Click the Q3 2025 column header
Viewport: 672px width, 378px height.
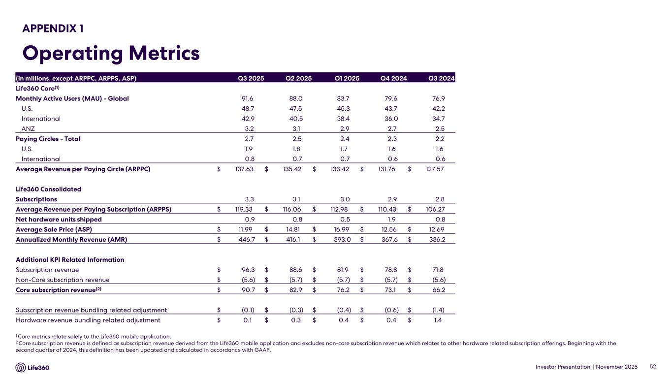pyautogui.click(x=251, y=78)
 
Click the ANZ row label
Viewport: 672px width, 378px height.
pyautogui.click(x=29, y=128)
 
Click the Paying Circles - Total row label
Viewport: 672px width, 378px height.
pyautogui.click(x=48, y=139)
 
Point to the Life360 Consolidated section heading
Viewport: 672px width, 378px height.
pyautogui.click(x=48, y=189)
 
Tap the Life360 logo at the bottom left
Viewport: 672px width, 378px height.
pyautogui.click(x=32, y=367)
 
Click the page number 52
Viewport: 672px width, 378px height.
pyautogui.click(x=653, y=367)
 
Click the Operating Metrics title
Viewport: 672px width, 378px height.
pyautogui.click(x=111, y=53)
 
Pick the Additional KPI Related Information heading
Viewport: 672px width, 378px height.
pyautogui.click(x=70, y=259)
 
